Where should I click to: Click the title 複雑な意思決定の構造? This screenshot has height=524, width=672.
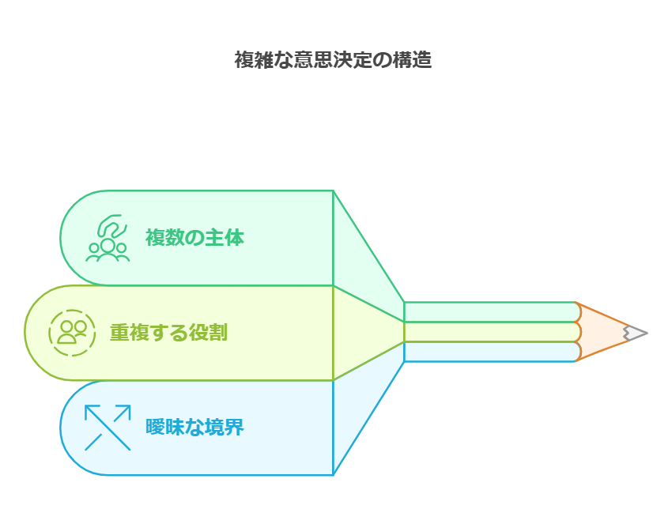[333, 60]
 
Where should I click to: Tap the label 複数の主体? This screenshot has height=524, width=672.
[194, 237]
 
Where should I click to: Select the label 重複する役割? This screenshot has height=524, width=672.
[168, 333]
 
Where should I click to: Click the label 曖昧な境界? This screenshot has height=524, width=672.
[194, 428]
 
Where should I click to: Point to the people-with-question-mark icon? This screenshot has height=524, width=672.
[108, 238]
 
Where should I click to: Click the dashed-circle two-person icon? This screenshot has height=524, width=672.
[72, 333]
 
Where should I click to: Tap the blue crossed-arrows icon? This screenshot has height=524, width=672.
[108, 428]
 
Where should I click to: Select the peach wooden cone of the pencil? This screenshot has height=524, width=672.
[601, 332]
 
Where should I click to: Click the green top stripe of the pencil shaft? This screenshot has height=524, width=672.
[490, 312]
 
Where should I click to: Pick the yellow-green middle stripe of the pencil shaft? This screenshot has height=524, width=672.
[490, 332]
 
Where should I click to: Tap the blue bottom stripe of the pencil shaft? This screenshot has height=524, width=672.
[490, 352]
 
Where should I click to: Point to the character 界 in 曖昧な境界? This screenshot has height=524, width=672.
[234, 428]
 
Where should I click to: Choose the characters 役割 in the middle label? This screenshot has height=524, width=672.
[208, 333]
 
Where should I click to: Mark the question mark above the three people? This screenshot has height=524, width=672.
[111, 224]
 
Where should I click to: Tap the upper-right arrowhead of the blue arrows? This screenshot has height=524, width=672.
[125, 409]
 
